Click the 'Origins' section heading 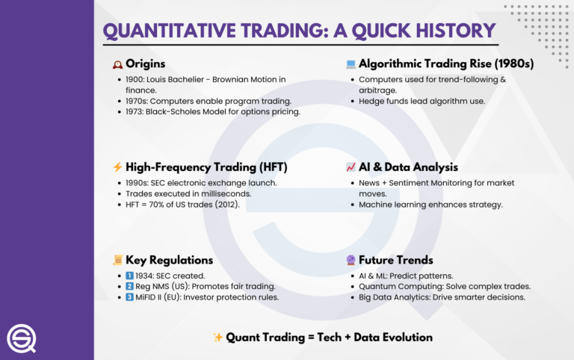pyautogui.click(x=145, y=64)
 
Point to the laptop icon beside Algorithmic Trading pyautogui.click(x=350, y=64)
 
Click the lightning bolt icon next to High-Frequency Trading pyautogui.click(x=117, y=167)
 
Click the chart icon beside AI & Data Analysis pyautogui.click(x=350, y=167)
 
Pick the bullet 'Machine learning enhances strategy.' pyautogui.click(x=430, y=205)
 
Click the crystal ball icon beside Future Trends pyautogui.click(x=350, y=260)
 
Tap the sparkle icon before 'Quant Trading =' pyautogui.click(x=218, y=338)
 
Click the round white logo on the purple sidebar pyautogui.click(x=22, y=339)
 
